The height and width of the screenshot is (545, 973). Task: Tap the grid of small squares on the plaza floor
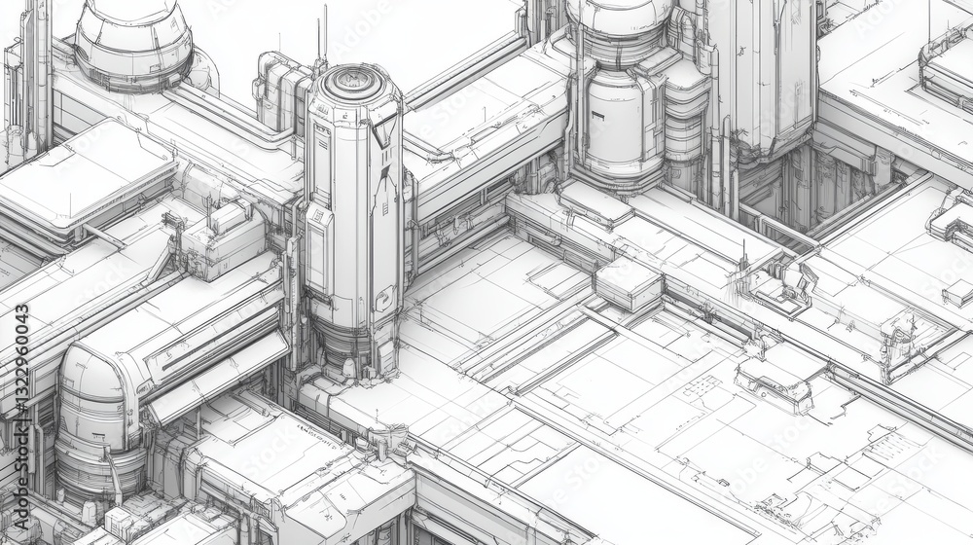point(702,387)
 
